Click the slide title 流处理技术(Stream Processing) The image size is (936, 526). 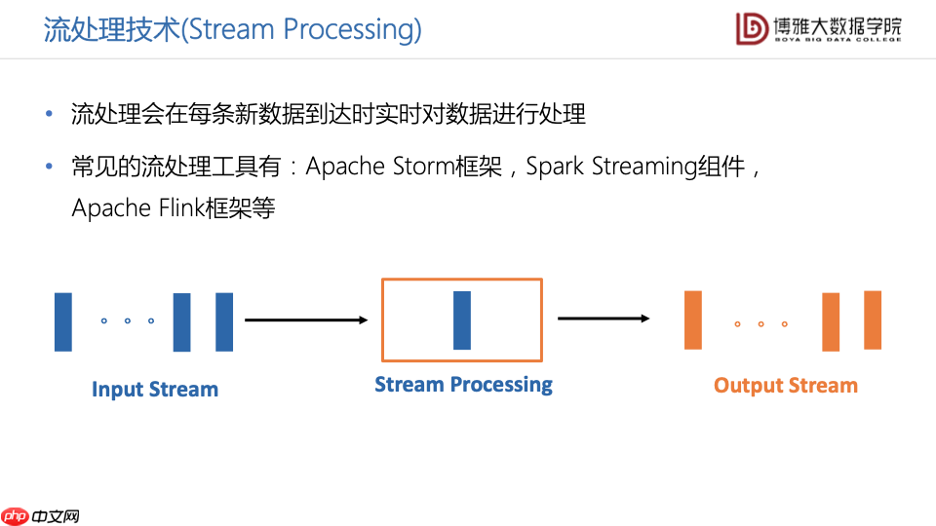click(x=232, y=29)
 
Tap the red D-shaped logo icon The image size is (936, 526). click(x=752, y=28)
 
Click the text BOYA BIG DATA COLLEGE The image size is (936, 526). click(x=838, y=41)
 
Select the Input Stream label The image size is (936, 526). click(x=155, y=390)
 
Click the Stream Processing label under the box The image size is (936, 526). click(x=463, y=385)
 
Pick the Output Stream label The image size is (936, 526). click(x=785, y=386)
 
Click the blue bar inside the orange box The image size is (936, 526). click(x=462, y=319)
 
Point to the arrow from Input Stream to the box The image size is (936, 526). click(x=305, y=319)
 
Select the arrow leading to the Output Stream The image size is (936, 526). click(x=604, y=318)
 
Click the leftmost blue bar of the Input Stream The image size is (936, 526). click(x=63, y=321)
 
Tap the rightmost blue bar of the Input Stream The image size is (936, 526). click(x=224, y=321)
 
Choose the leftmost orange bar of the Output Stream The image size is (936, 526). click(x=693, y=319)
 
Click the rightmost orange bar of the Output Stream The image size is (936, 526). click(x=873, y=319)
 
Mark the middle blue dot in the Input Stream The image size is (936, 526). click(x=128, y=320)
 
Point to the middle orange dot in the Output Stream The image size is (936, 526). click(x=760, y=323)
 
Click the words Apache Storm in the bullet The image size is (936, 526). click(x=379, y=167)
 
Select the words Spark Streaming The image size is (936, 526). click(x=609, y=167)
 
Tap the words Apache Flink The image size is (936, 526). click(x=137, y=208)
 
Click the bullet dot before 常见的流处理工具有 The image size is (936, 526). click(x=50, y=167)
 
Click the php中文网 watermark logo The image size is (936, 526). click(x=40, y=516)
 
